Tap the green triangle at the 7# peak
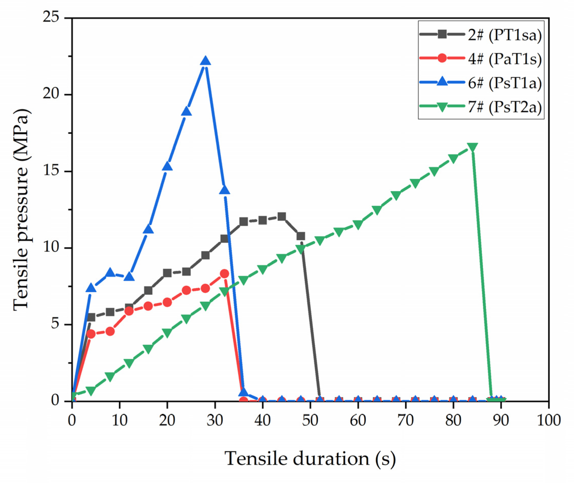click(472, 147)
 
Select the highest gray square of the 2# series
click(281, 216)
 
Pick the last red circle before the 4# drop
click(224, 274)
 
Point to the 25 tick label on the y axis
click(51, 18)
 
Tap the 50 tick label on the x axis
click(310, 420)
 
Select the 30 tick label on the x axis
click(215, 420)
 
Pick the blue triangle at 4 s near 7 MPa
click(91, 288)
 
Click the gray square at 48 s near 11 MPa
click(301, 236)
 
